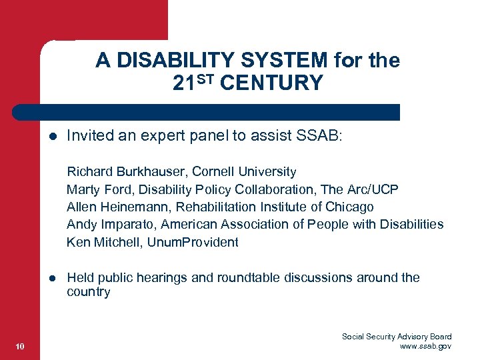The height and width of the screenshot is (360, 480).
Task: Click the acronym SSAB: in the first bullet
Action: [x=318, y=137]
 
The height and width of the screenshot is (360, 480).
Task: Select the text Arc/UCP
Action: [x=375, y=189]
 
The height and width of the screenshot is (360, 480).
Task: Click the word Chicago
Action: [x=351, y=207]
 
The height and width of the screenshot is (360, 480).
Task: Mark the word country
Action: [x=89, y=292]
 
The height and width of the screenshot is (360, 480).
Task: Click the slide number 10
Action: [x=19, y=346]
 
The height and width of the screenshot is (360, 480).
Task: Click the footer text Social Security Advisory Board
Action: [x=397, y=337]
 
